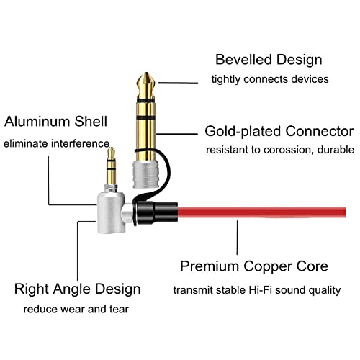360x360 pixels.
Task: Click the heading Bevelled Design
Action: tap(269, 60)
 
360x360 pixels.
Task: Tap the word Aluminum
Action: tap(37, 121)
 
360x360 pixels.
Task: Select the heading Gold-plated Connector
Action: tap(279, 131)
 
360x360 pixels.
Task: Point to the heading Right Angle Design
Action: tap(77, 289)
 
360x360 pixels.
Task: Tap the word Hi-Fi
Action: tap(260, 290)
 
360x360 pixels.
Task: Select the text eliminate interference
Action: tap(56, 143)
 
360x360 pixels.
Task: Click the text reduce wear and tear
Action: tap(76, 309)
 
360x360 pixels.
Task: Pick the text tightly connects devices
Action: tap(270, 79)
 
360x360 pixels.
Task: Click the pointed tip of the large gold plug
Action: tap(146, 73)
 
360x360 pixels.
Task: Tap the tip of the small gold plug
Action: tap(111, 148)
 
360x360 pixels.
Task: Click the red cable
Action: tap(261, 212)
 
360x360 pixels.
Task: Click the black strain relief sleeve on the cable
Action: tap(156, 213)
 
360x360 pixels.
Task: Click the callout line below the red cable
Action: tap(237, 238)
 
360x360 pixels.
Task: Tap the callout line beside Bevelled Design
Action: tap(178, 83)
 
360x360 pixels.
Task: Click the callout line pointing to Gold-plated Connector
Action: tap(177, 134)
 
